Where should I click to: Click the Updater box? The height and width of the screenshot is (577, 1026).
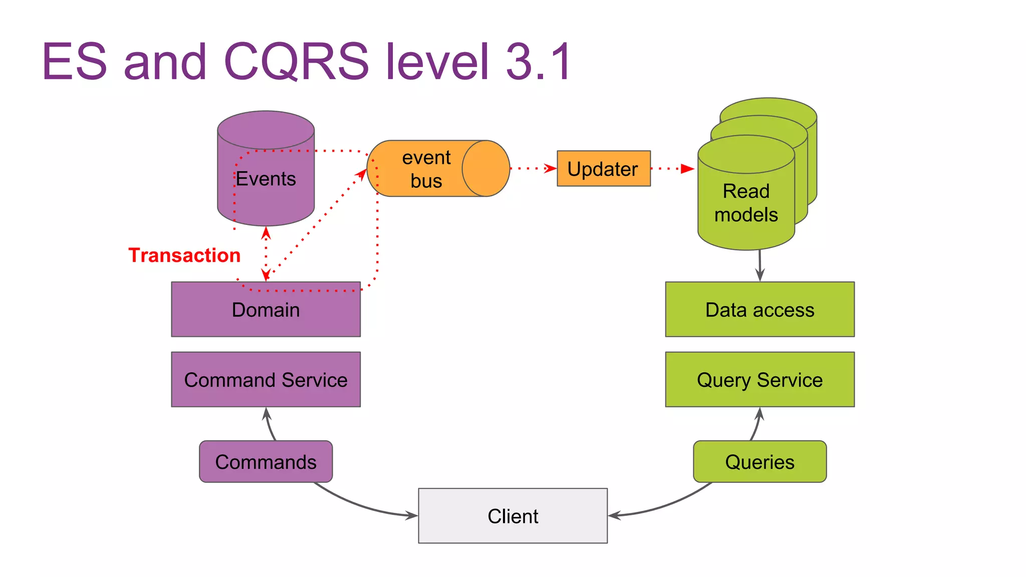tap(604, 169)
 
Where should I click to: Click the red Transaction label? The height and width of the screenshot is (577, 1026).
tap(184, 255)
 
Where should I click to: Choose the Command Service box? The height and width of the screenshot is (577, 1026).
tap(266, 380)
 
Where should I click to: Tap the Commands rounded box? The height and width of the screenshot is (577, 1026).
tap(266, 462)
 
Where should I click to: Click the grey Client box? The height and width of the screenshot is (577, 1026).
tap(512, 516)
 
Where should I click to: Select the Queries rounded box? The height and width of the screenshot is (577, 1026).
tap(759, 462)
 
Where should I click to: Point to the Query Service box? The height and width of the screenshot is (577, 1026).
tap(759, 380)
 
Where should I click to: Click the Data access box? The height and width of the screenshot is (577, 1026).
tap(759, 310)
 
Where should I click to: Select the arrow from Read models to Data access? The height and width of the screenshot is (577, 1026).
tap(760, 265)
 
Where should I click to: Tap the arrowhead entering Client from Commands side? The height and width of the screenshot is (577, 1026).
tap(412, 515)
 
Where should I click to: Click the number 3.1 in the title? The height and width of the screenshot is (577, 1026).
tap(538, 61)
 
